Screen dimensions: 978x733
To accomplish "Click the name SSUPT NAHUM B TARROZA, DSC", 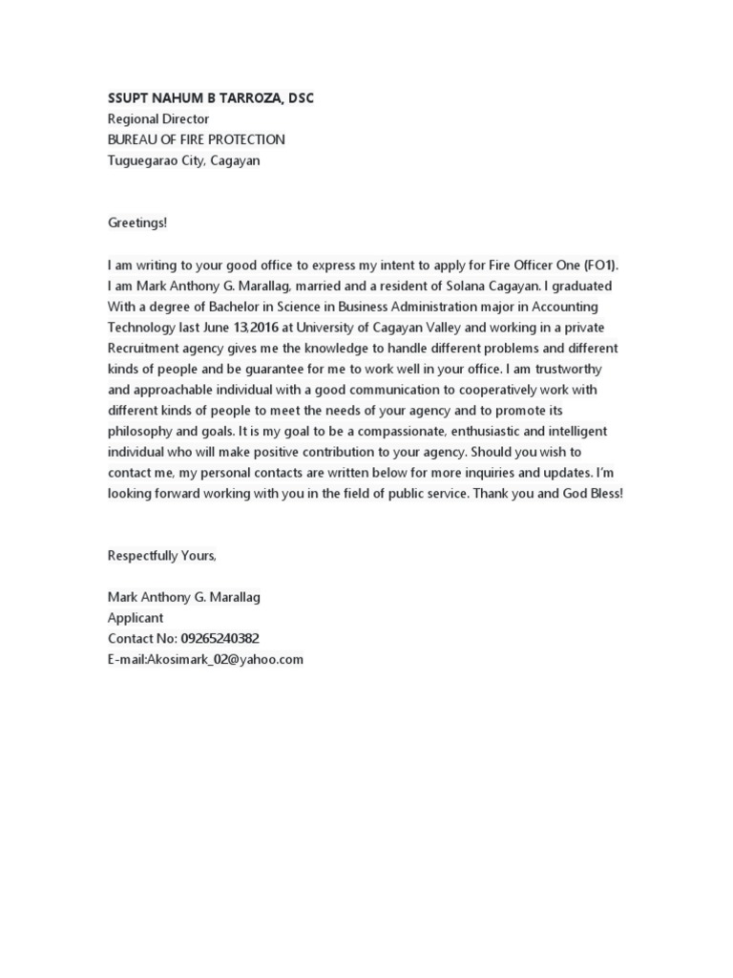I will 210,98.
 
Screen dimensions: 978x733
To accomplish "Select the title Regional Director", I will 157,119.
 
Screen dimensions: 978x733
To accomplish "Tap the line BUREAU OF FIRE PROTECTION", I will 196,139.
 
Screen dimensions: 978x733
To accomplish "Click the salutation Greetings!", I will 136,223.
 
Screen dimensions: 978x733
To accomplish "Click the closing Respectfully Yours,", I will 162,556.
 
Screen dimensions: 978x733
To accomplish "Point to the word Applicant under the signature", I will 136,618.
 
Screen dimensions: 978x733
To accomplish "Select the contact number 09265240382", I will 220,639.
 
